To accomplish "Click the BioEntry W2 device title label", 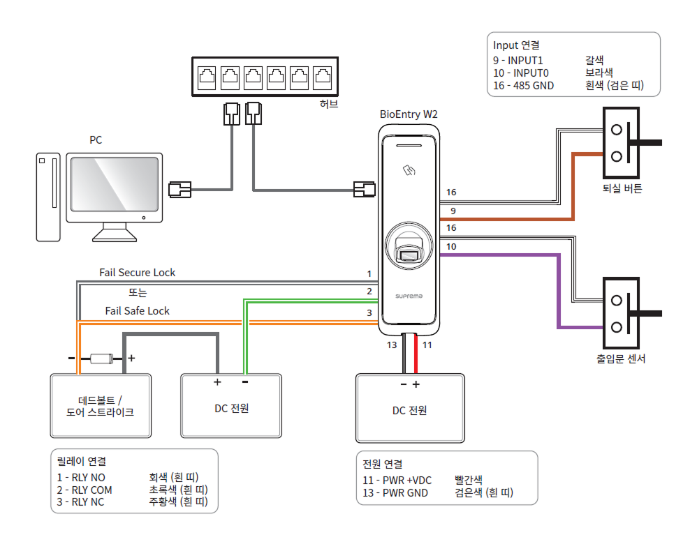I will pyautogui.click(x=409, y=114).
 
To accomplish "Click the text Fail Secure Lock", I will pyautogui.click(x=138, y=273).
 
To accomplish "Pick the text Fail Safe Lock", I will pyautogui.click(x=138, y=310).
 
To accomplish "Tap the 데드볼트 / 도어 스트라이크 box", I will pyautogui.click(x=101, y=406).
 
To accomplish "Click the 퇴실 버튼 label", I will pyautogui.click(x=622, y=188).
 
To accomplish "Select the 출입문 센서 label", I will pyautogui.click(x=621, y=359).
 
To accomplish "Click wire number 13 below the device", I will pyautogui.click(x=392, y=345).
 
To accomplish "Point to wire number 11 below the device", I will pyautogui.click(x=427, y=345).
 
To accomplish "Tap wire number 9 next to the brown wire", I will pyautogui.click(x=452, y=211).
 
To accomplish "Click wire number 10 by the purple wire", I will pyautogui.click(x=452, y=247).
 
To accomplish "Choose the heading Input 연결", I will pyautogui.click(x=516, y=45).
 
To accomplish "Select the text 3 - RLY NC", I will pyautogui.click(x=81, y=502).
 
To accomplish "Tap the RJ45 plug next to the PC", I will pyautogui.click(x=180, y=188).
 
